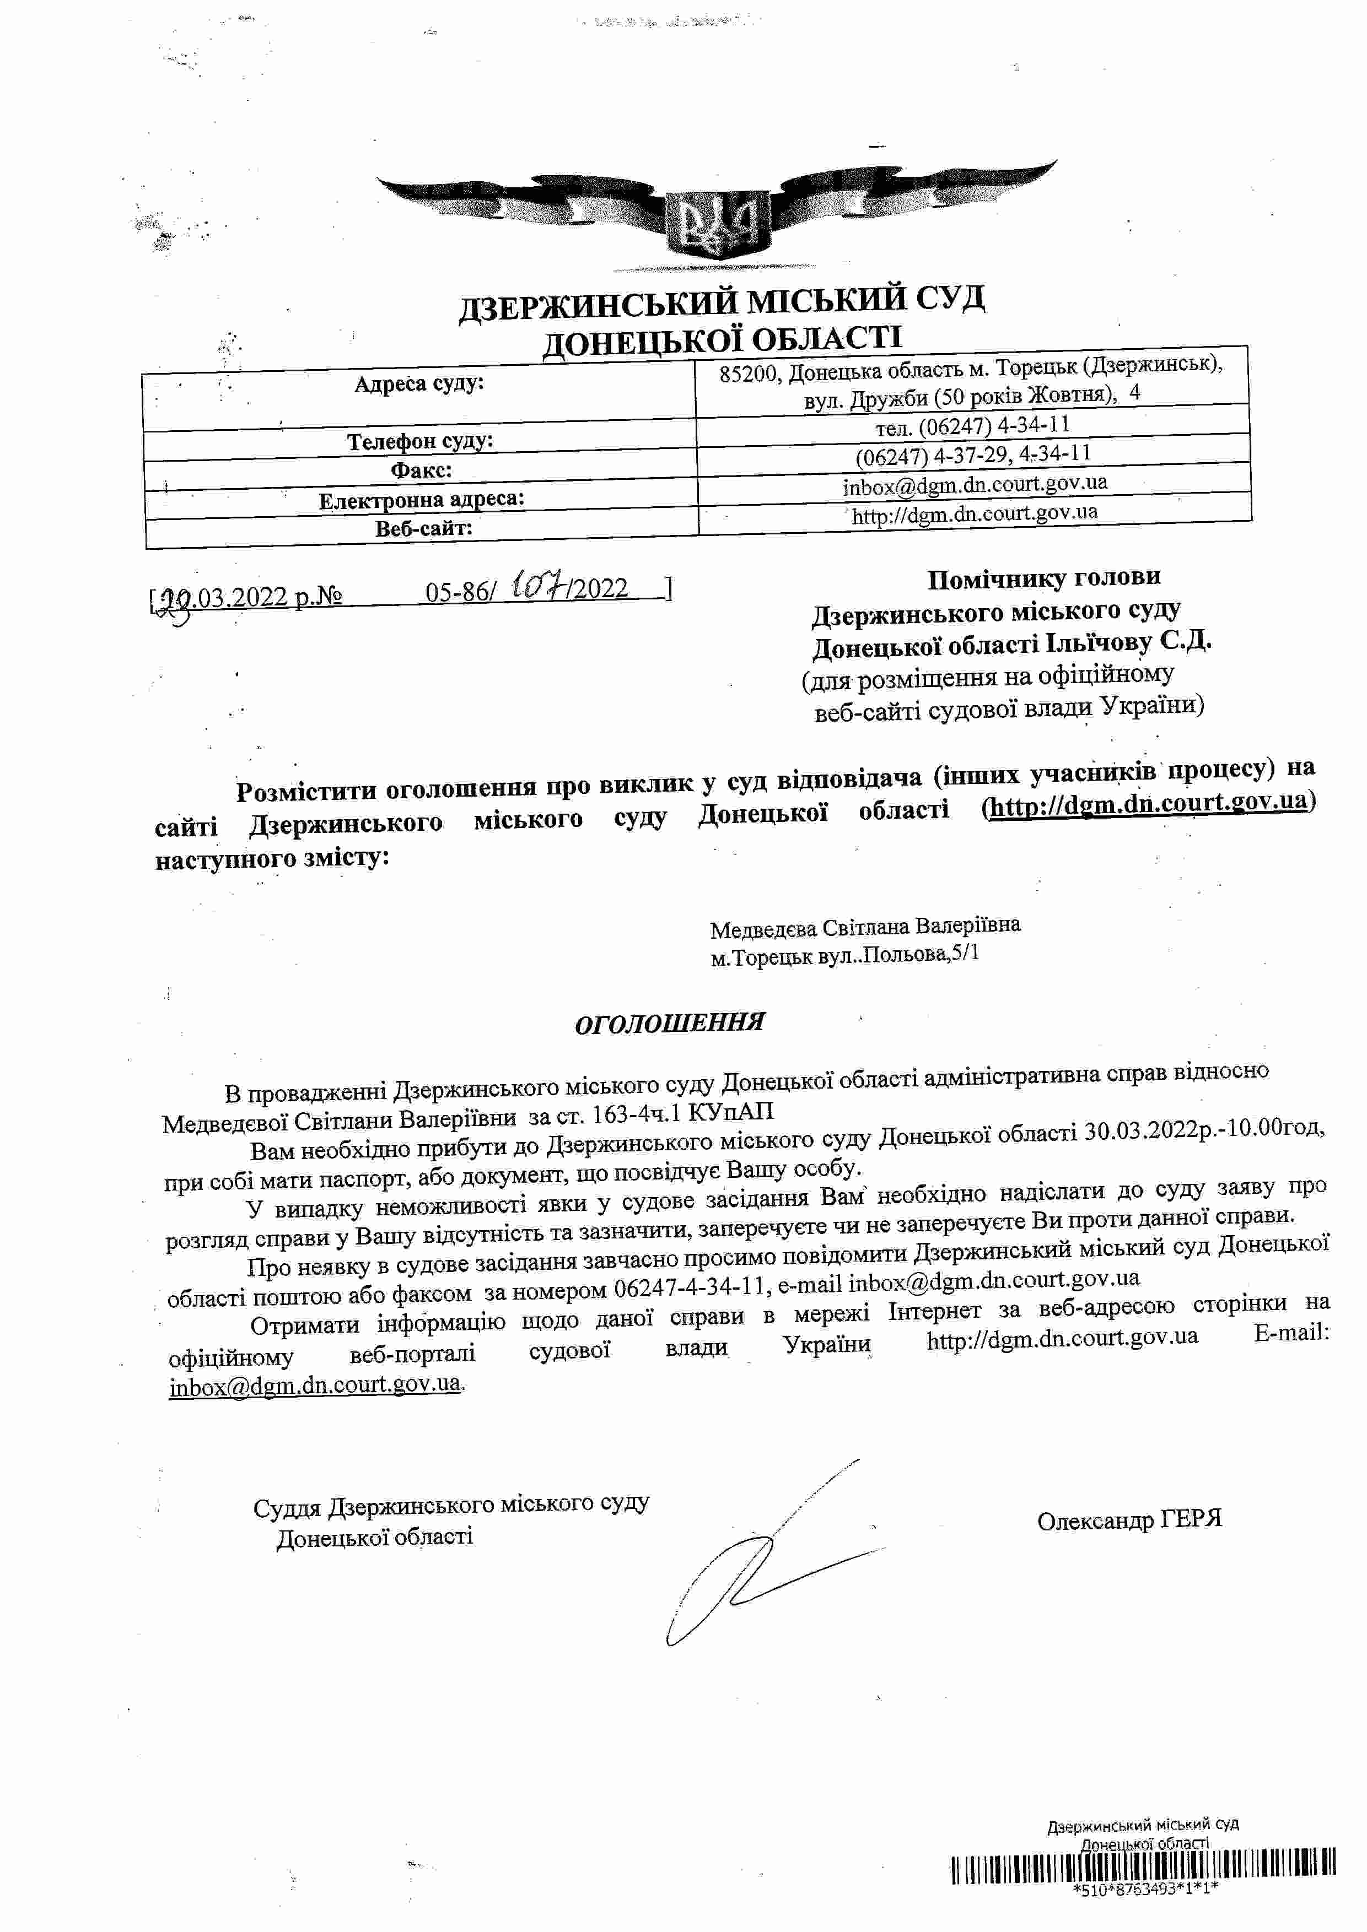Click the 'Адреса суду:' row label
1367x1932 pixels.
click(x=418, y=385)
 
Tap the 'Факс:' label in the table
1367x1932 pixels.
click(x=421, y=469)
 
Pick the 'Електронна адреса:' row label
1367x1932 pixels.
click(x=421, y=500)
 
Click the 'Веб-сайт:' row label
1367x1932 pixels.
click(x=423, y=528)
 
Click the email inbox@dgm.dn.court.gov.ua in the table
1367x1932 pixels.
click(x=975, y=484)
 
